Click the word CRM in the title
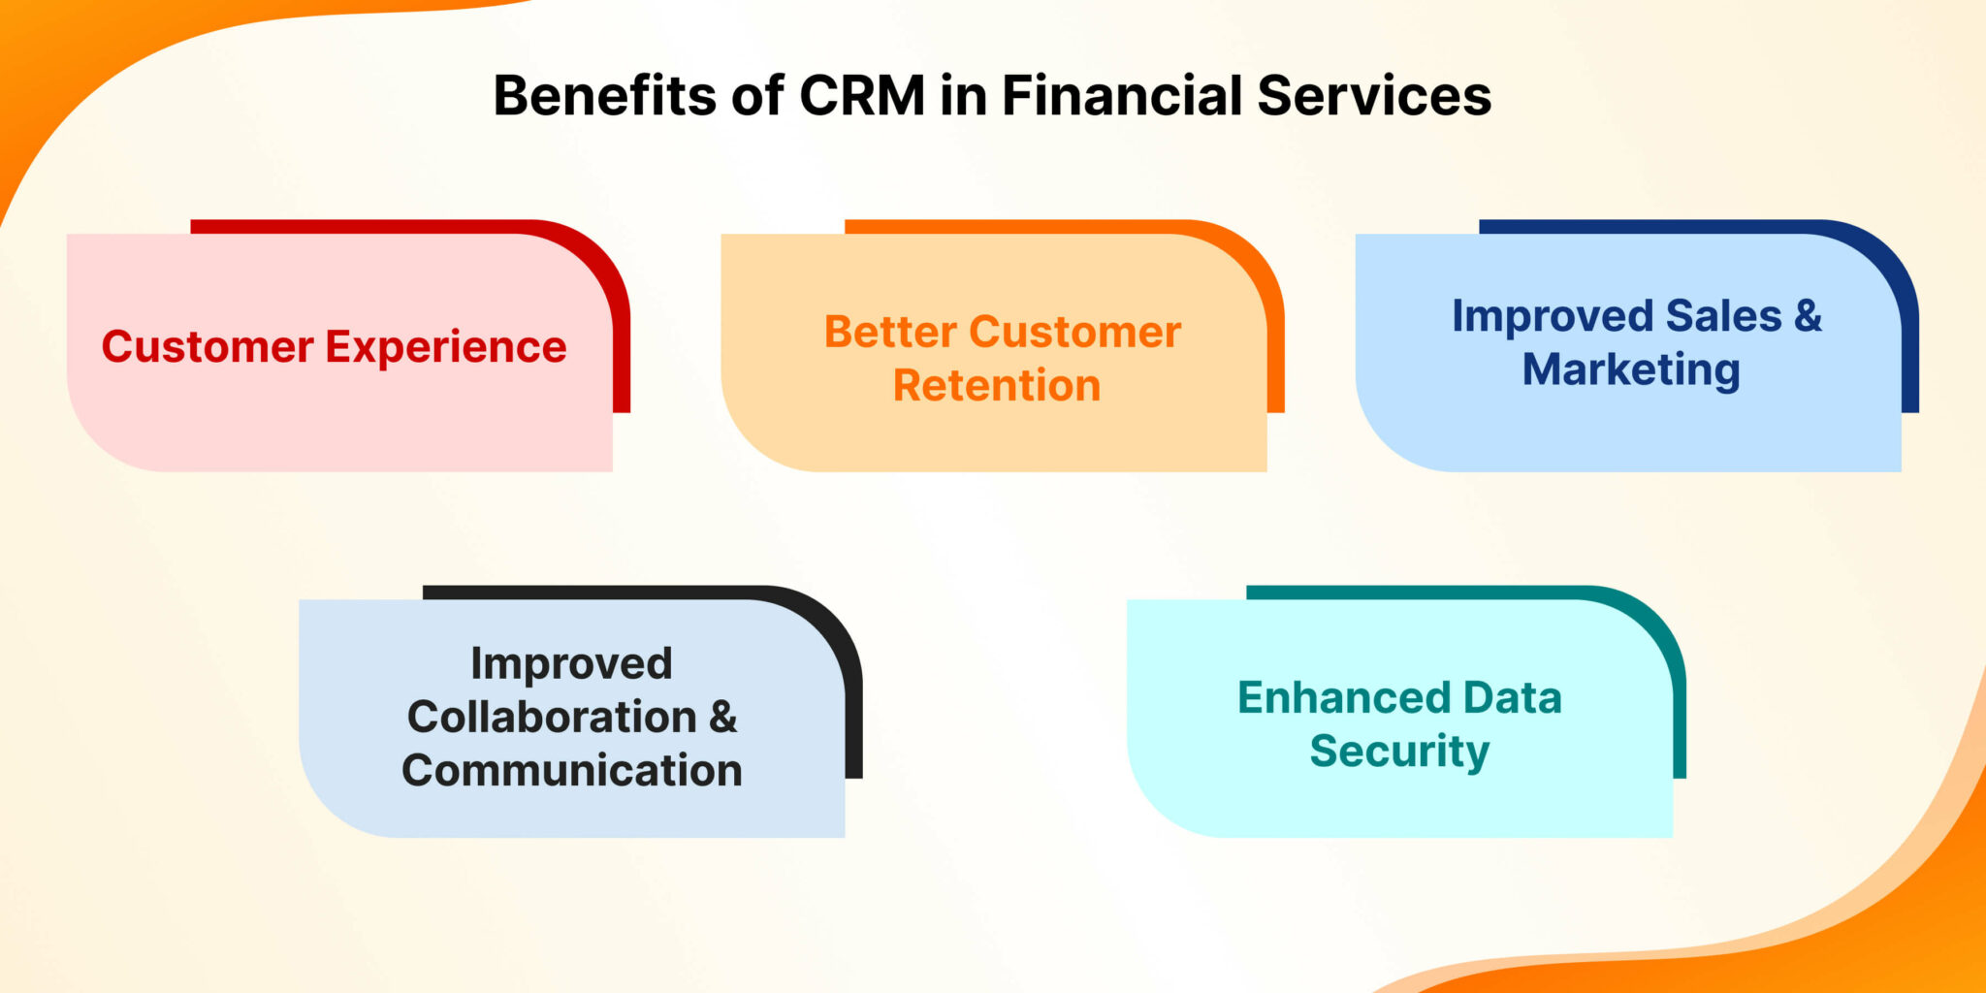point(861,96)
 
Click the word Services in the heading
point(1373,96)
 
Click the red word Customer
point(208,347)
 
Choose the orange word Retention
point(997,386)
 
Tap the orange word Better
point(890,332)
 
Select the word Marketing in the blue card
point(1631,370)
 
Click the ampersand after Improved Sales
point(1808,316)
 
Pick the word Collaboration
point(552,718)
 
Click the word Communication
point(572,771)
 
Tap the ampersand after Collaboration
point(723,718)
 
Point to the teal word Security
point(1399,752)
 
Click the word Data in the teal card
point(1512,698)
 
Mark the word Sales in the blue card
point(1723,316)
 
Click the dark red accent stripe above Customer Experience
point(388,226)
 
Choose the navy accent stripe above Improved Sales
point(1668,226)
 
